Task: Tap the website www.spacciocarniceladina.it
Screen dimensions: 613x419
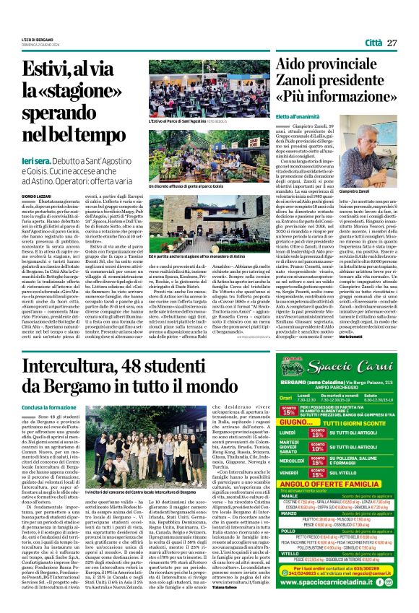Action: [x=326, y=580]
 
